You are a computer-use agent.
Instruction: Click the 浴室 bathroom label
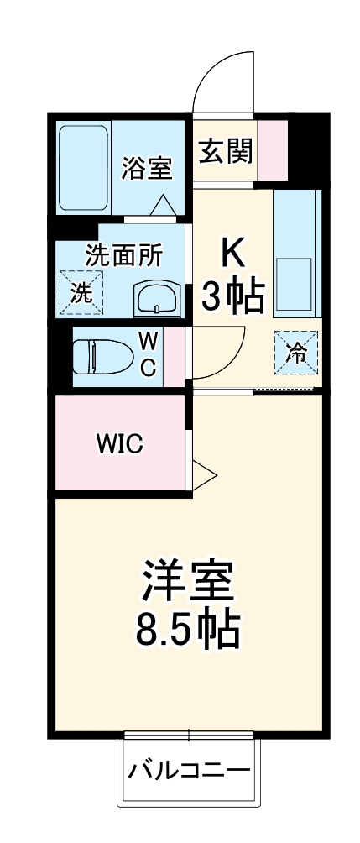147,168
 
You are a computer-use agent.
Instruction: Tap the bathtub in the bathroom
84,169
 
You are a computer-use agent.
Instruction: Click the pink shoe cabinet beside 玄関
272,151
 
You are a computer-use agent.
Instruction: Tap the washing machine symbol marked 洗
81,292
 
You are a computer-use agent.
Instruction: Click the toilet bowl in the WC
102,355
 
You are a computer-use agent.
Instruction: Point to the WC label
147,354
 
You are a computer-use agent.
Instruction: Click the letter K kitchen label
233,251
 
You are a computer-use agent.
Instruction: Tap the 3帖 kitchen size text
233,296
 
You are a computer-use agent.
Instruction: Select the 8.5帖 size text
188,629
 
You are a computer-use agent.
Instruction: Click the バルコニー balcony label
188,769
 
